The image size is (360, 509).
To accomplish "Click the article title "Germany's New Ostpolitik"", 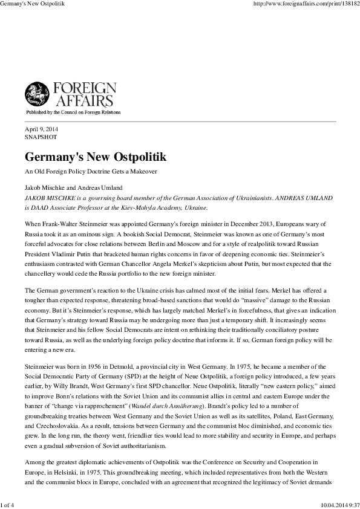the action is [96, 157].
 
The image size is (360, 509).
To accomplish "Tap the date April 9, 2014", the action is [41, 129].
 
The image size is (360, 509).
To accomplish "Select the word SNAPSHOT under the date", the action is [41, 137].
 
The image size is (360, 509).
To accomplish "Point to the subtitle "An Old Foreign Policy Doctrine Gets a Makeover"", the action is [91, 172].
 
